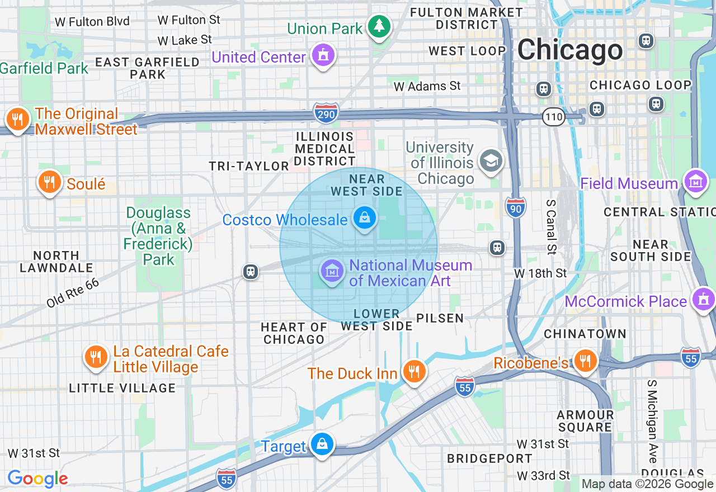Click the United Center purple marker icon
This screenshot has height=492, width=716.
point(323,55)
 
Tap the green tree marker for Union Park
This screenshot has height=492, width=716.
point(379,26)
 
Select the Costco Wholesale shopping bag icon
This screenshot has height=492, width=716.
point(364,217)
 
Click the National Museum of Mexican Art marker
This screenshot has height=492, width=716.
point(332,272)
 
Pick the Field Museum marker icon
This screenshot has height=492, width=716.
point(696,182)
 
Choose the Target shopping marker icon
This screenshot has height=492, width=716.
point(322,444)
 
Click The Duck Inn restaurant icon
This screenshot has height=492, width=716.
point(414,371)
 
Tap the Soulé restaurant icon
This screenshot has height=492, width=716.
point(49,182)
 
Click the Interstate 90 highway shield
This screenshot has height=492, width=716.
point(515,207)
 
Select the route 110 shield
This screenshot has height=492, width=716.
point(553,117)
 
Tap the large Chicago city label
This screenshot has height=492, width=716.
point(569,50)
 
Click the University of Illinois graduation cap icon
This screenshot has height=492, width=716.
point(491,161)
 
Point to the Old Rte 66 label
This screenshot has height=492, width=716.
point(73,292)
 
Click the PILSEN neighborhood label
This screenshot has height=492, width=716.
point(440,318)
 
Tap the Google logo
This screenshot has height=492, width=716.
point(37,479)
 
